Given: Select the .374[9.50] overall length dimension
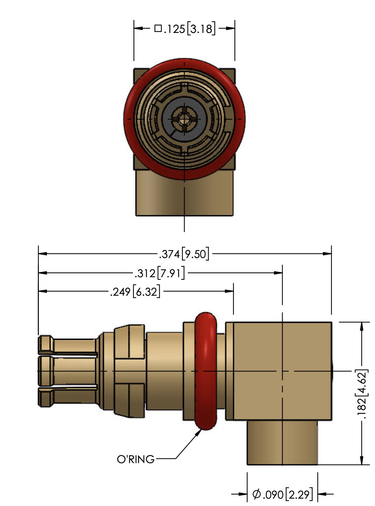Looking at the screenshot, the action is [x=184, y=254].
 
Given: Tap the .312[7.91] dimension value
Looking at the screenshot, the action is [x=159, y=273].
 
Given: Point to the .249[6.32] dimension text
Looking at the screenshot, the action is [x=135, y=292].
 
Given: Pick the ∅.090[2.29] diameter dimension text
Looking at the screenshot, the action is [x=283, y=494].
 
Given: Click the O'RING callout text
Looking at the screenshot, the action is [x=136, y=459].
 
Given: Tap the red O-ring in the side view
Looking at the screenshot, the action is [x=206, y=371].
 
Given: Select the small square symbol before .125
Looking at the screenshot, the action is [x=158, y=28].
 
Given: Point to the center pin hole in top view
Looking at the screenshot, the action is [x=182, y=119].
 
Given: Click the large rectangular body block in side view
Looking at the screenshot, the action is [x=282, y=371].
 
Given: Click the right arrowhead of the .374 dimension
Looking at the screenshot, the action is [x=327, y=254].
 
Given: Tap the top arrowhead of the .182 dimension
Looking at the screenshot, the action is [x=362, y=326].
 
